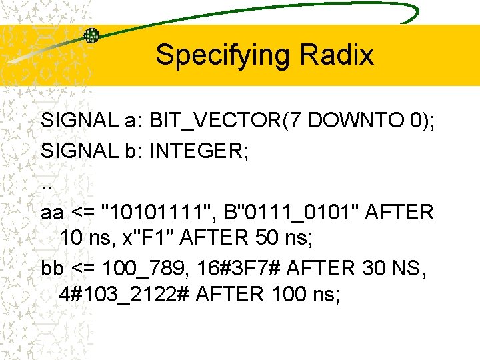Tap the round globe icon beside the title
pyautogui.click(x=91, y=35)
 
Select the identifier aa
pyautogui.click(x=53, y=213)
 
